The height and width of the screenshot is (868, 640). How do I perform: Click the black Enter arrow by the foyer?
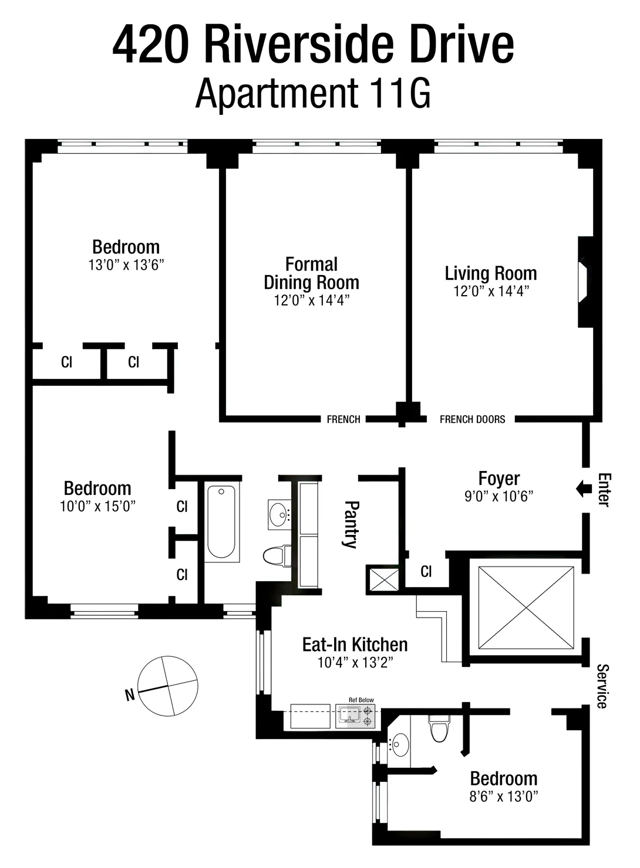coord(584,489)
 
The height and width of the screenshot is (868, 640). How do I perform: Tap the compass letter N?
coord(130,696)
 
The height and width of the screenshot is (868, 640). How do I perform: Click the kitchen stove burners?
coord(368,717)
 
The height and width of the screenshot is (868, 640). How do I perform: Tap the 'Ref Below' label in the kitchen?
coord(361,700)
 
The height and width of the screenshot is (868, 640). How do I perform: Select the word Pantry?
coord(351,524)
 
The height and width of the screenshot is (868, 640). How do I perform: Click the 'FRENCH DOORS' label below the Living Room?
coord(472,419)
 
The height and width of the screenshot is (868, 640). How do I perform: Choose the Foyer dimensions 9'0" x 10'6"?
coord(498,497)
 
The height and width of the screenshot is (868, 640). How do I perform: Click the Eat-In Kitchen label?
coord(355,645)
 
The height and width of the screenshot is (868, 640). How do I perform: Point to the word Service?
coord(602,686)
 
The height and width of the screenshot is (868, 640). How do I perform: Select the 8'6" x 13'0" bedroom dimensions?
coord(504,796)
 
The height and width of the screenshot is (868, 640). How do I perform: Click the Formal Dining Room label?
coord(311,273)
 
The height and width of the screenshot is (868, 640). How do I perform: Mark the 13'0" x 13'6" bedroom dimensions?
coord(126,265)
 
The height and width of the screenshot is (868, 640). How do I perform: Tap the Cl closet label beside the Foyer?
coord(426,571)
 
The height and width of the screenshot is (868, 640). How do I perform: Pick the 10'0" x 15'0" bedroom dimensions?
coord(97,506)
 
